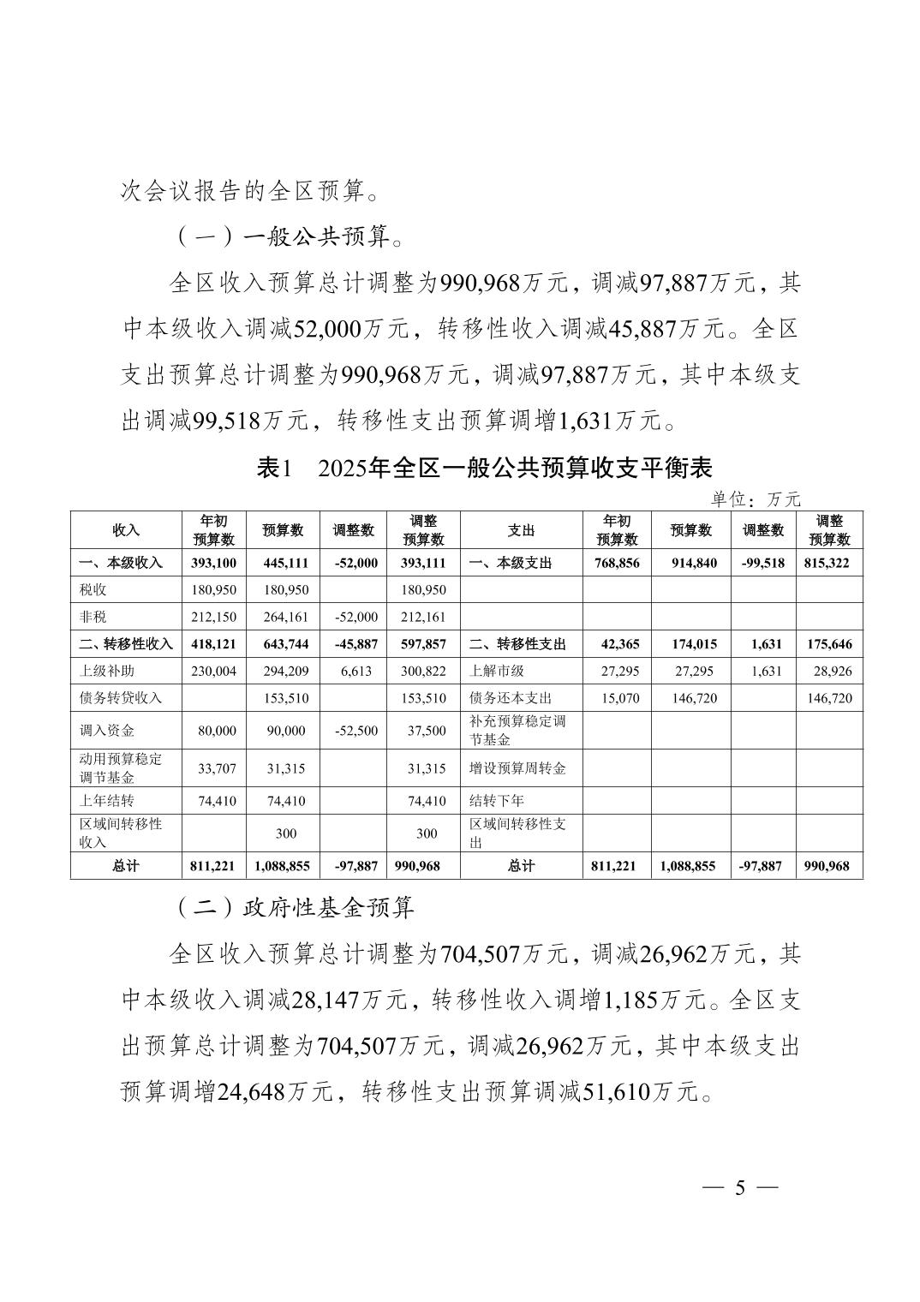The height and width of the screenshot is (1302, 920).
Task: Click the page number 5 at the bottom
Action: coord(740,1188)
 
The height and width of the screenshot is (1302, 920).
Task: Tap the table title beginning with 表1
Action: coord(484,468)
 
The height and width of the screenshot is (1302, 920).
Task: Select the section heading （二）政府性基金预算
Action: coord(296,907)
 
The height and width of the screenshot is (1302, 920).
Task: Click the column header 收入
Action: coord(126,530)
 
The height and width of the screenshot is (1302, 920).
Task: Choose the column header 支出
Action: coord(521,530)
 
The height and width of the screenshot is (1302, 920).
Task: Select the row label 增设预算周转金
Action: coord(517,768)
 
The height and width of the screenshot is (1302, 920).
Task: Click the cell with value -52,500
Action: coord(353,731)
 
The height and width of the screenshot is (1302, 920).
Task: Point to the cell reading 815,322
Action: coord(829,563)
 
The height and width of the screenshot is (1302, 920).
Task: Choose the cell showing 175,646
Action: coord(829,644)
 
